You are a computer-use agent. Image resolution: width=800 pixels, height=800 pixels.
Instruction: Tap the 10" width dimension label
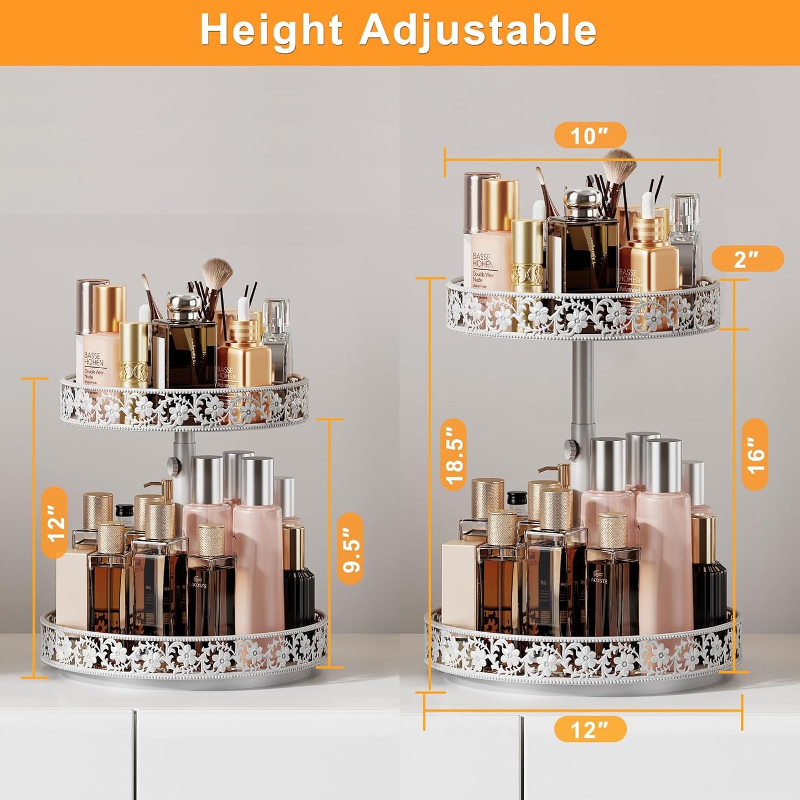pyautogui.click(x=590, y=135)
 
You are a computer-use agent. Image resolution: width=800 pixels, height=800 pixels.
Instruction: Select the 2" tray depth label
pyautogui.click(x=747, y=259)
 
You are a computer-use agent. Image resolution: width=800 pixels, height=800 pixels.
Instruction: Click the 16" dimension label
pyautogui.click(x=754, y=455)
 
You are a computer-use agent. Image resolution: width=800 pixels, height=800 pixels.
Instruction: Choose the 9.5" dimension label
pyautogui.click(x=351, y=549)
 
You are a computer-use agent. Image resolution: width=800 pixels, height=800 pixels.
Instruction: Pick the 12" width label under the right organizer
pyautogui.click(x=590, y=729)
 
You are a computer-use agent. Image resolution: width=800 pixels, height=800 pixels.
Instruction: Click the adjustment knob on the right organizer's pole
pyautogui.click(x=571, y=445)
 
